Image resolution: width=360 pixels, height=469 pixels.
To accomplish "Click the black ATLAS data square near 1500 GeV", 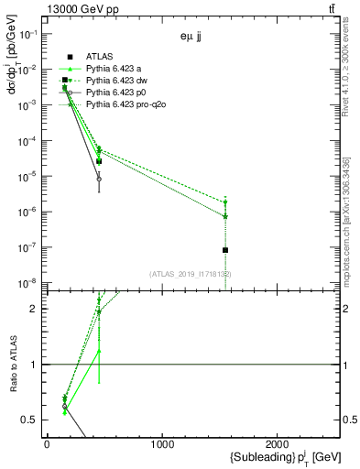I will (225, 250).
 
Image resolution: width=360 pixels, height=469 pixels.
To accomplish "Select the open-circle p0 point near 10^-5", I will (99, 179).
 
